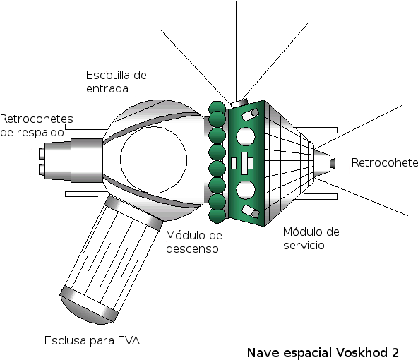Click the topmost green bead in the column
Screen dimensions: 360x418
[x=217, y=108]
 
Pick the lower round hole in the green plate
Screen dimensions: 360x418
[x=245, y=189]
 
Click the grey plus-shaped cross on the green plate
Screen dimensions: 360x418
[x=246, y=163]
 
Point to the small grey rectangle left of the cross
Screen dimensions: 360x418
[x=234, y=163]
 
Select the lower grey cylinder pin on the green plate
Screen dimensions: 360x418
[x=251, y=212]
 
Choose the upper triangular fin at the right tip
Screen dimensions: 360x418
[x=321, y=155]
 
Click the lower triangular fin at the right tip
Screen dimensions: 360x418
[x=321, y=171]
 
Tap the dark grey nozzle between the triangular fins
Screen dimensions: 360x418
[x=333, y=164]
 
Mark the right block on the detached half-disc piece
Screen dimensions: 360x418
[x=108, y=312]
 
